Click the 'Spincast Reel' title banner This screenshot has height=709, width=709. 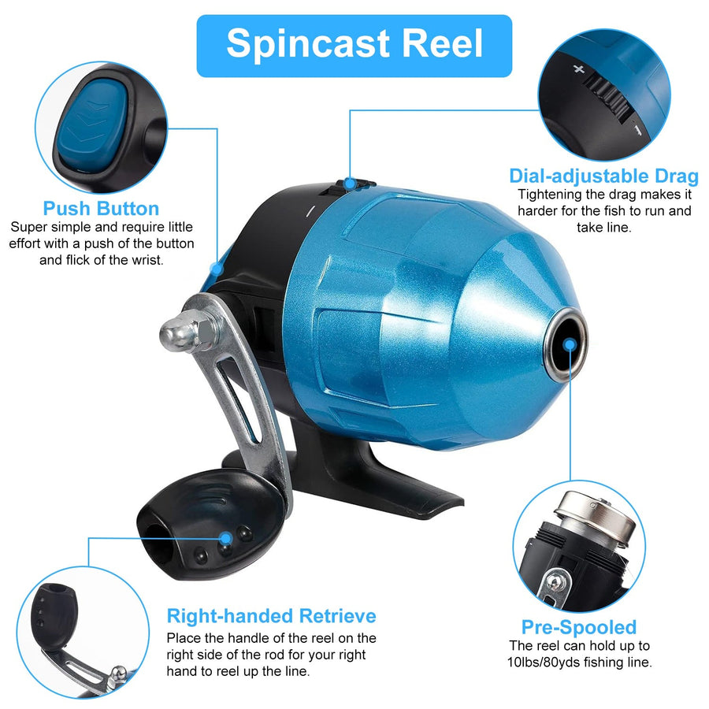pos(354,46)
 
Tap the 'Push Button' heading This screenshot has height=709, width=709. pos(101,209)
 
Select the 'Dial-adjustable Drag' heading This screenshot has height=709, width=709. pos(603,176)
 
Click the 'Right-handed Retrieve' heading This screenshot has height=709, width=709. pos(271,616)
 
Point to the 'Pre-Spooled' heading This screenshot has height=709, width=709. pos(579,627)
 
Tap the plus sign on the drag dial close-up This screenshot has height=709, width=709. pos(579,69)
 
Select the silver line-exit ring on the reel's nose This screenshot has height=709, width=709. pos(566,344)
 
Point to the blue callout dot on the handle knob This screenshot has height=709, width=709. pos(226,538)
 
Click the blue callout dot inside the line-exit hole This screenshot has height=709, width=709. pos(570,345)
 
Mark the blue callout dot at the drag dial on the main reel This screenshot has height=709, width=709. pos(349,184)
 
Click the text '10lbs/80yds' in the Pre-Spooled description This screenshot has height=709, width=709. pos(543,663)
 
